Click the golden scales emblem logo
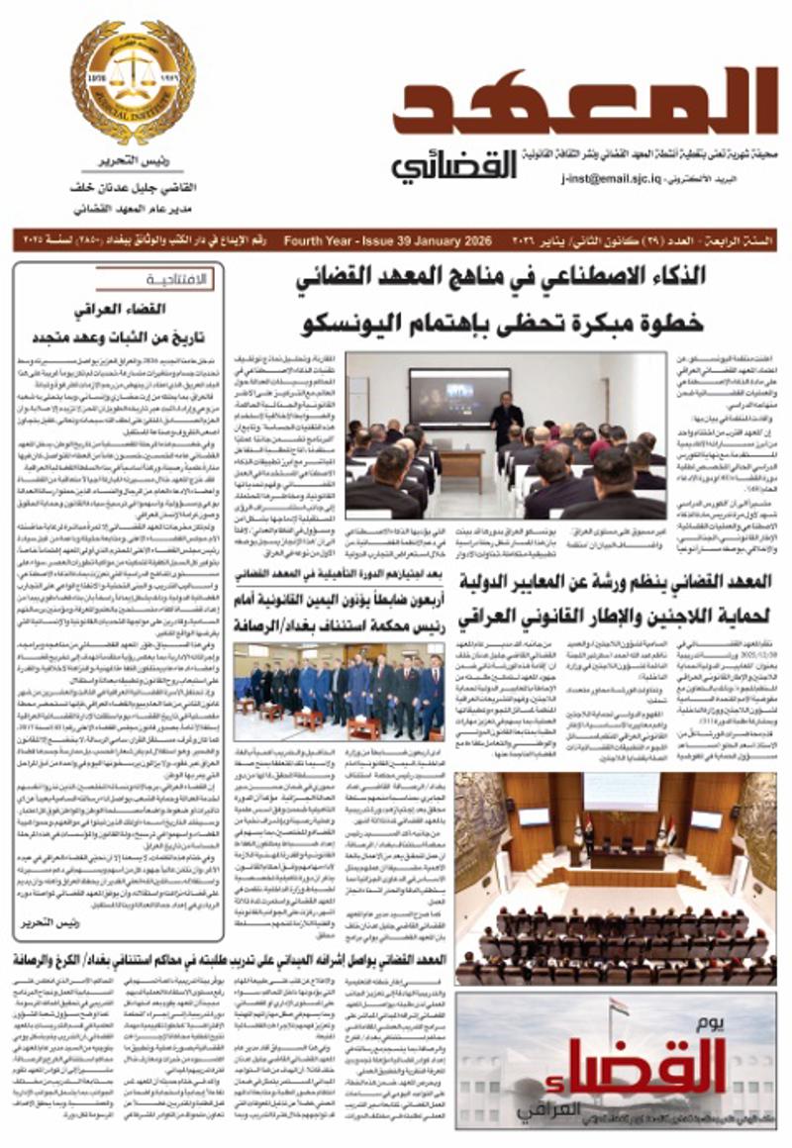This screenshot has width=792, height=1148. click(x=133, y=83)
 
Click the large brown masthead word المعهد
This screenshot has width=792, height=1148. click(x=584, y=105)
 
